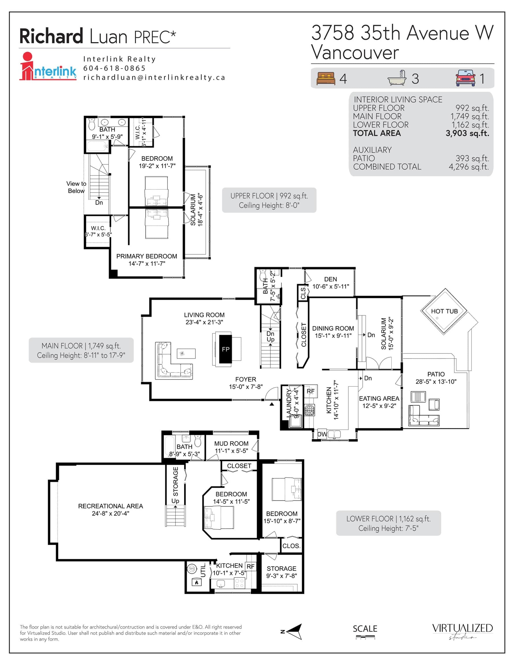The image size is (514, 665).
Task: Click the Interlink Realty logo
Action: (x=48, y=66)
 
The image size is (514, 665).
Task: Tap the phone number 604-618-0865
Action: (x=115, y=68)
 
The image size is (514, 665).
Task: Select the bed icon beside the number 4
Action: (x=325, y=79)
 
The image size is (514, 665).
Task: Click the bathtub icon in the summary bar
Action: (x=397, y=78)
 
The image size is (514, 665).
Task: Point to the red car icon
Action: (x=465, y=78)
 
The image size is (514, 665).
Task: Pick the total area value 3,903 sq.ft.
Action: (x=467, y=133)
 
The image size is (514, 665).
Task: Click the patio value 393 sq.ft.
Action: (x=472, y=158)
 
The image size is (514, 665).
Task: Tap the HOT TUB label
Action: (x=444, y=311)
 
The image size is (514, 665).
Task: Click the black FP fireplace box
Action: (x=226, y=349)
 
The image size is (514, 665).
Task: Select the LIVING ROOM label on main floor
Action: (x=204, y=315)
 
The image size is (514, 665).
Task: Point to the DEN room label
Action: (x=331, y=279)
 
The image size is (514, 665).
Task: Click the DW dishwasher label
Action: (x=322, y=434)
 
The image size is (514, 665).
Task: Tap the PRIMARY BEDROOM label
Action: (x=147, y=256)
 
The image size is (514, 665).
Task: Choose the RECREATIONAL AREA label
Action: (x=111, y=506)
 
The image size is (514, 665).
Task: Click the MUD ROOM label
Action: (x=231, y=444)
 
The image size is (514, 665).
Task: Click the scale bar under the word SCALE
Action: (x=365, y=637)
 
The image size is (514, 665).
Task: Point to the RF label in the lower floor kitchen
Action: (x=250, y=566)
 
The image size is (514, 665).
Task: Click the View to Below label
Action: (x=76, y=187)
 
